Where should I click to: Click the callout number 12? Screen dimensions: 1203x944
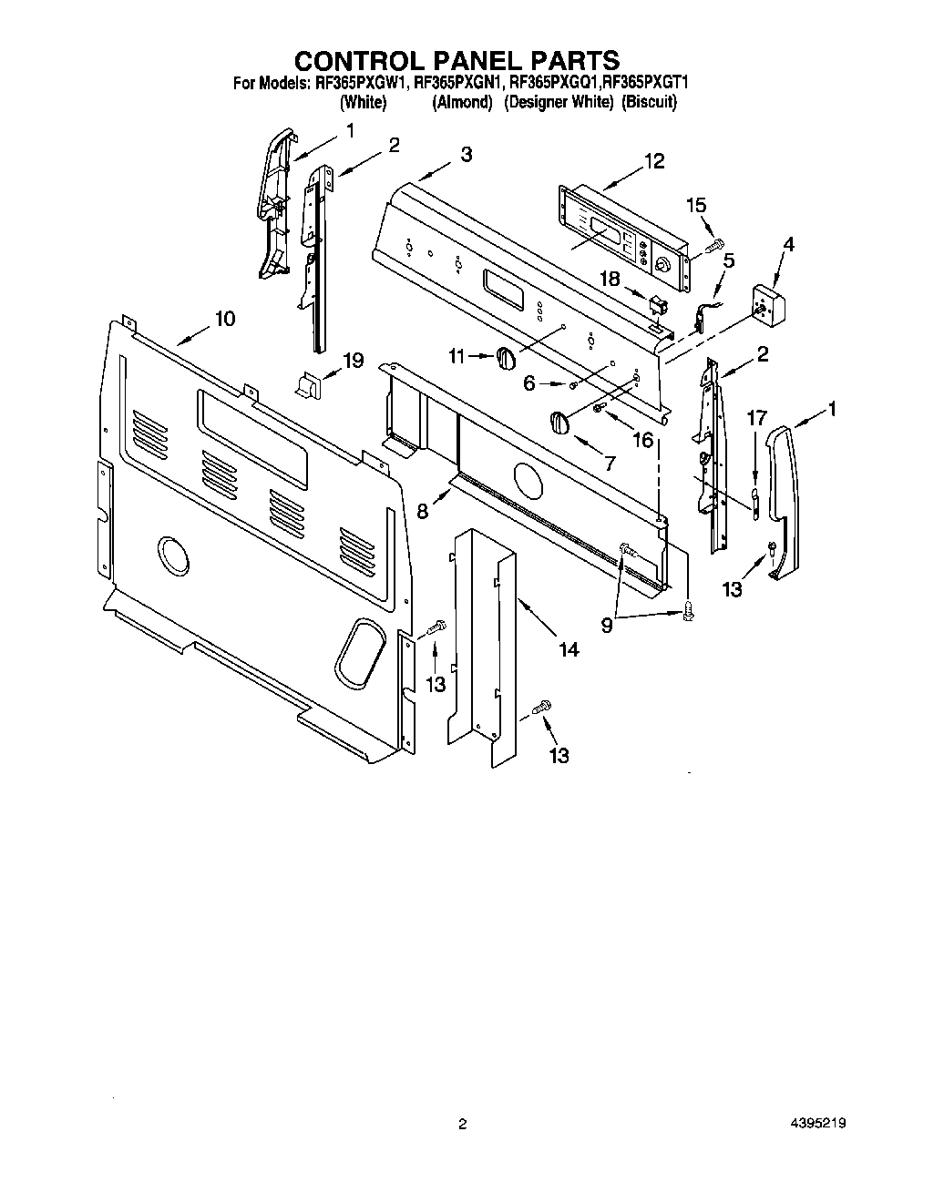tap(654, 162)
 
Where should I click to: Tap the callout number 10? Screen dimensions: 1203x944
tap(224, 319)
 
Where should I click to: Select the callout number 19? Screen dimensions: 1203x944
tap(352, 362)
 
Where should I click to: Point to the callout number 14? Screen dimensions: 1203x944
tap(569, 649)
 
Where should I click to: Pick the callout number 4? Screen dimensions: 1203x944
tap(788, 244)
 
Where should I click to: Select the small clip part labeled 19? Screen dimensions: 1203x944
tap(309, 384)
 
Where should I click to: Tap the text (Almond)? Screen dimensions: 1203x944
tap(462, 103)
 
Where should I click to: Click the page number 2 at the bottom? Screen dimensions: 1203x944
tap(462, 1149)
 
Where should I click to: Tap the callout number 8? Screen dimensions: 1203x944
tap(423, 511)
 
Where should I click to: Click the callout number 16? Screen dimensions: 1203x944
tap(642, 440)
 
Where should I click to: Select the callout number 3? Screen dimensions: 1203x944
tap(466, 155)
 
